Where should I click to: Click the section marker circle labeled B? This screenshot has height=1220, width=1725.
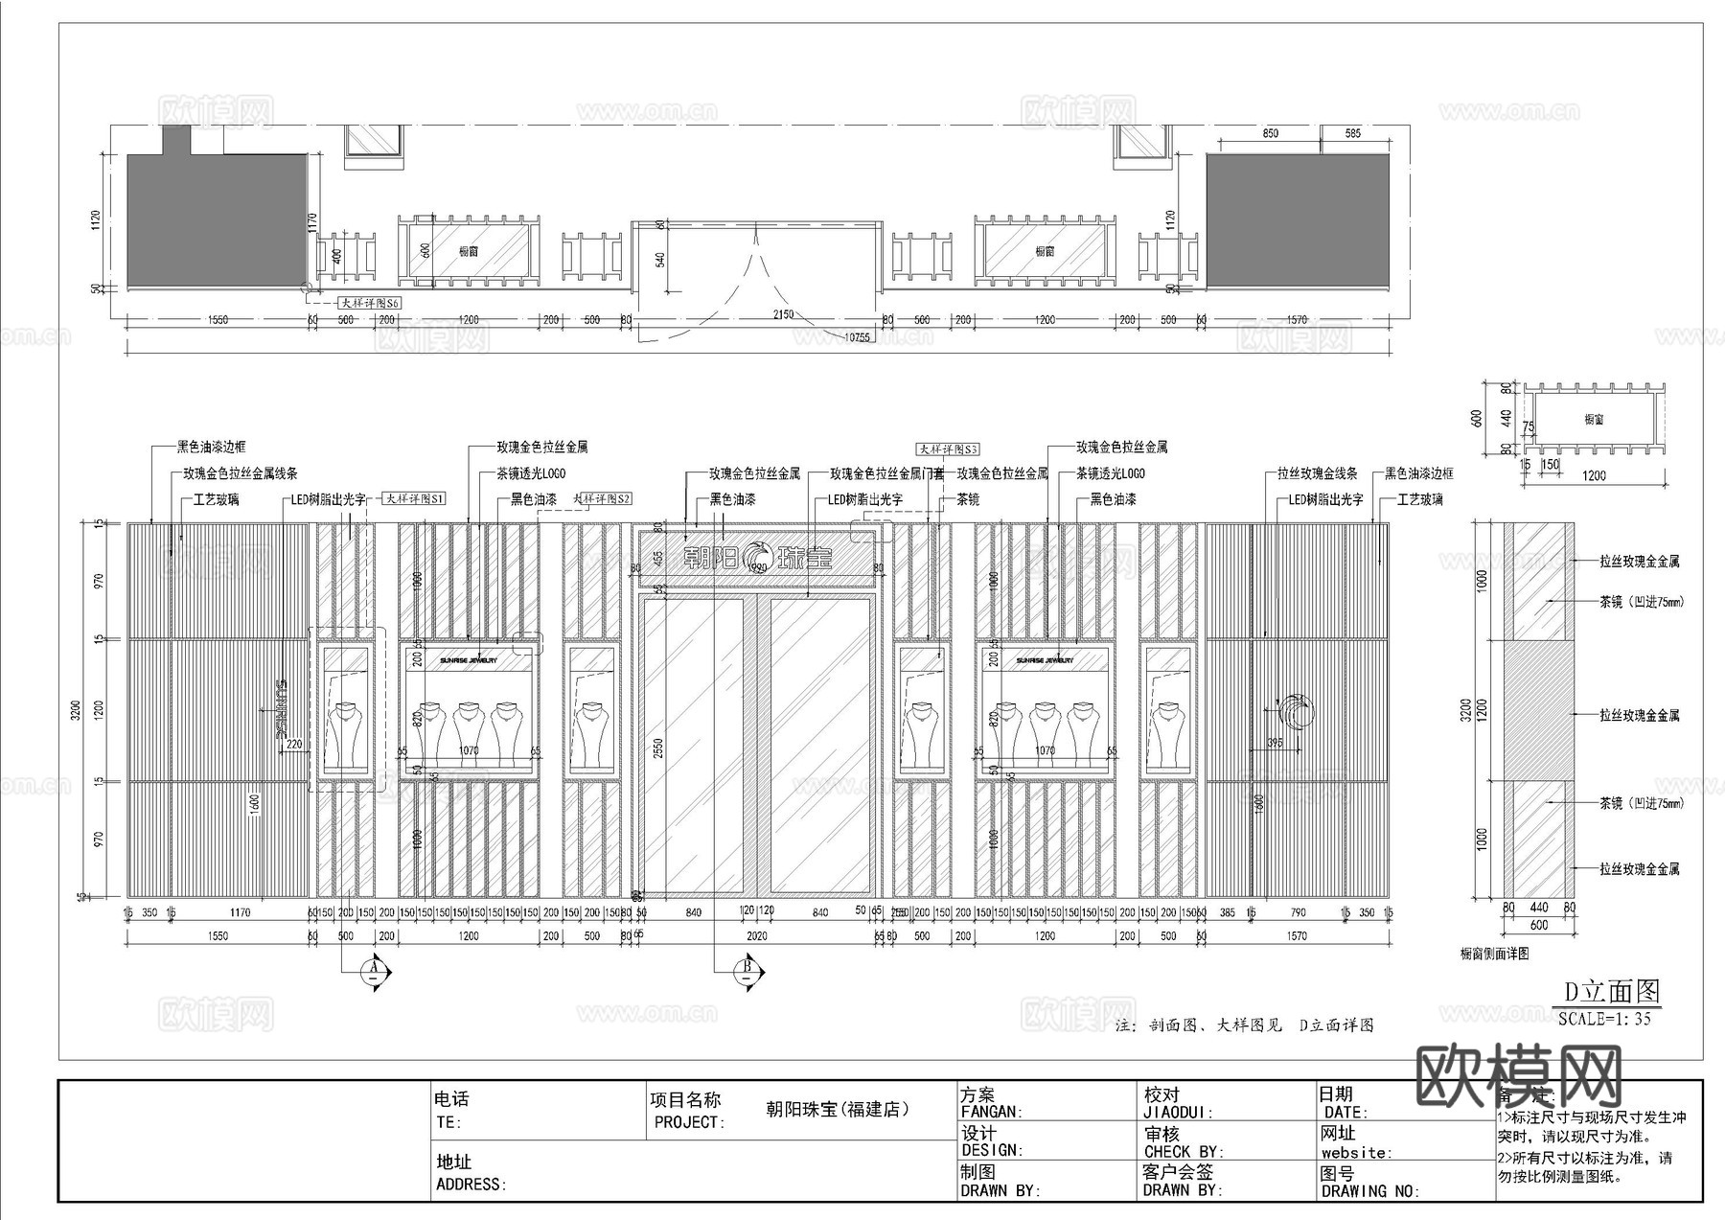tap(747, 971)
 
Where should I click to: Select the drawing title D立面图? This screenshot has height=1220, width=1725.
tap(1611, 991)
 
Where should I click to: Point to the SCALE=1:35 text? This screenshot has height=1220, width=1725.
tap(1604, 1019)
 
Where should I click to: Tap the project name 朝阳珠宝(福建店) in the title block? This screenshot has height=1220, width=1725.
tap(837, 1109)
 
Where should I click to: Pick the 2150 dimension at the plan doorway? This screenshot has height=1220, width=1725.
tap(783, 314)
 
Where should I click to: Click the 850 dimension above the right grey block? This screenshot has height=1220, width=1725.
tap(1270, 134)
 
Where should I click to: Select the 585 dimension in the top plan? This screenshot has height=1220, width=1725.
tap(1353, 134)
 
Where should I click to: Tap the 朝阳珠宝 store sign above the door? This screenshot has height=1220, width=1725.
tap(758, 557)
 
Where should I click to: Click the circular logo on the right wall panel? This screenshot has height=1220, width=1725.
tap(1296, 712)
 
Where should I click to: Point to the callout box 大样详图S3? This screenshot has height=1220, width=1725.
tap(947, 449)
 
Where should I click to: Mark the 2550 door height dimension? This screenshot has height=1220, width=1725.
tap(656, 748)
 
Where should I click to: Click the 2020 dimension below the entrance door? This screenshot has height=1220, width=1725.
tap(757, 936)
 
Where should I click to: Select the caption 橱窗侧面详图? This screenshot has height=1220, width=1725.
tap(1494, 954)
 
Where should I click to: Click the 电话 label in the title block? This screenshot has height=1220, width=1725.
tap(451, 1099)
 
